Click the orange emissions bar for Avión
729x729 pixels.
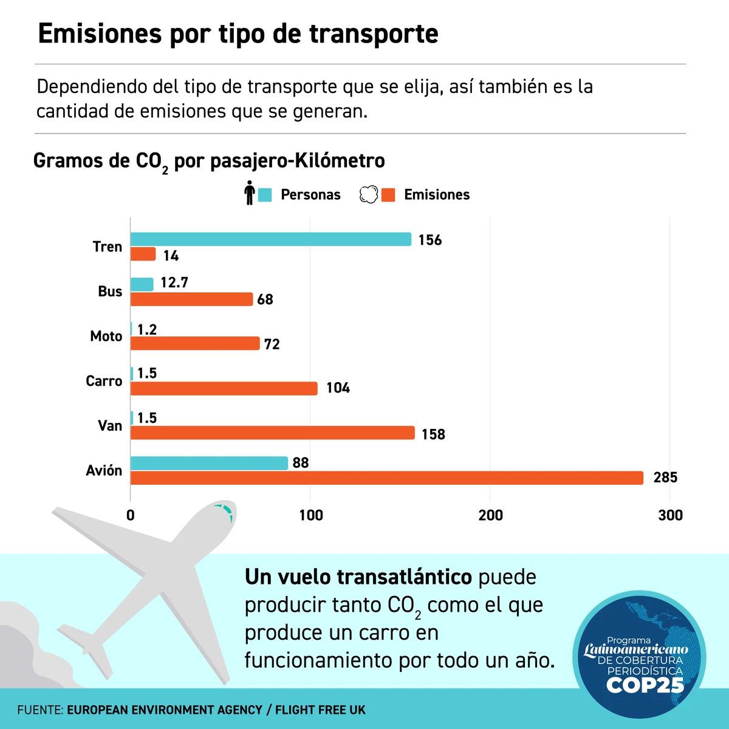click(386, 478)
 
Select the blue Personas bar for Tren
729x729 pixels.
click(270, 239)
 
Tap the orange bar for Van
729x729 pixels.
click(272, 433)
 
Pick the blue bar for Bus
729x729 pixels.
click(142, 284)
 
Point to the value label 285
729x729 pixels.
click(665, 478)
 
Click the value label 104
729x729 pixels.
click(338, 388)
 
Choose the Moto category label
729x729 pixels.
click(106, 337)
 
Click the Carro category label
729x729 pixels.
click(104, 382)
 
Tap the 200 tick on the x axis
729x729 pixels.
click(490, 516)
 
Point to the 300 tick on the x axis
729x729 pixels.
click(670, 516)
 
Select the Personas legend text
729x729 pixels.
click(310, 195)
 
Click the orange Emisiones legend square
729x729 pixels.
click(388, 195)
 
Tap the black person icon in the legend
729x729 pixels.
click(249, 193)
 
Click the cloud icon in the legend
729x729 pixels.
click(369, 194)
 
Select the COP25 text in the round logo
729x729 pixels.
click(645, 686)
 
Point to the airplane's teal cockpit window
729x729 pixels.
click(225, 512)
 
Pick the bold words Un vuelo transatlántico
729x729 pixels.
click(358, 577)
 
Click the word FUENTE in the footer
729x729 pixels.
click(39, 710)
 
